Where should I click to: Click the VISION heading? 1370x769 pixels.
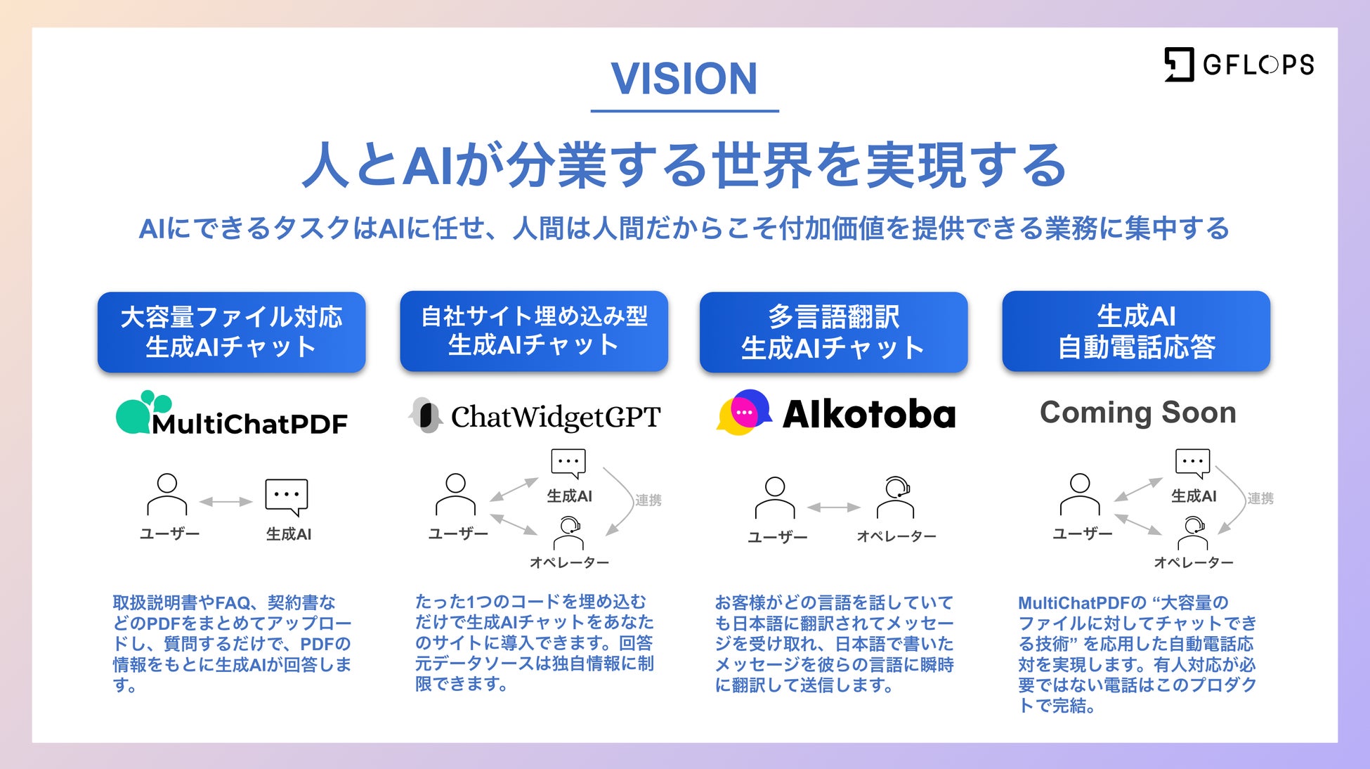tap(684, 78)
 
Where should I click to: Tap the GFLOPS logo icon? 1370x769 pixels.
tap(1179, 65)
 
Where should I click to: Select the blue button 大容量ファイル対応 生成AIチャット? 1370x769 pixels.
tap(231, 332)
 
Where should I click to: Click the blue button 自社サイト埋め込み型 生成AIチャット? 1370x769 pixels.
tap(533, 331)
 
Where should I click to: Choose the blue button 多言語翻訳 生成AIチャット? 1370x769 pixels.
tap(833, 332)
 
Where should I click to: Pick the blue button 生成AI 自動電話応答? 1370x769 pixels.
tap(1136, 331)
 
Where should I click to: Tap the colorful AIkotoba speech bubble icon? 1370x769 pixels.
tap(743, 413)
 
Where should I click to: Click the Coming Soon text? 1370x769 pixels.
tap(1137, 413)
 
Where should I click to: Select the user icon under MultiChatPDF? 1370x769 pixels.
tap(167, 494)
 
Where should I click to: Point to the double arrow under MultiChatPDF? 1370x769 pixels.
tap(226, 502)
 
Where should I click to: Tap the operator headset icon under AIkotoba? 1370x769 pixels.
tap(896, 496)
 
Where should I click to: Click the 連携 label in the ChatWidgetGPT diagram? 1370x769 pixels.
tap(648, 500)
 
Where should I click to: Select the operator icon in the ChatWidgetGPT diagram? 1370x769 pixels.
tap(568, 534)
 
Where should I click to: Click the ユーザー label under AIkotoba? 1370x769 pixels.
tap(777, 537)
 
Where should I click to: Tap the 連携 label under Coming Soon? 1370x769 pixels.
tap(1260, 498)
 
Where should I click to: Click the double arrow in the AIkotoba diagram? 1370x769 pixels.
tap(834, 507)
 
